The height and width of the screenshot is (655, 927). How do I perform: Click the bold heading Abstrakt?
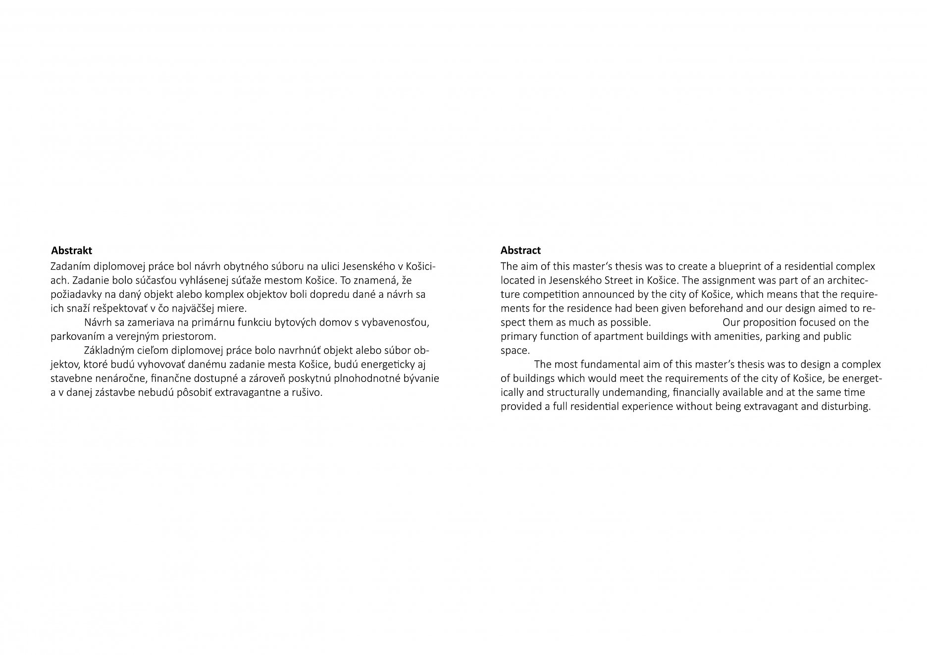tap(71, 251)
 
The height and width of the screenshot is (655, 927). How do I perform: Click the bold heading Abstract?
tap(520, 250)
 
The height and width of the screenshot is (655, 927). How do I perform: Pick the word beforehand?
tap(696, 308)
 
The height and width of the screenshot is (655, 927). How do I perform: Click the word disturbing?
tap(846, 407)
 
